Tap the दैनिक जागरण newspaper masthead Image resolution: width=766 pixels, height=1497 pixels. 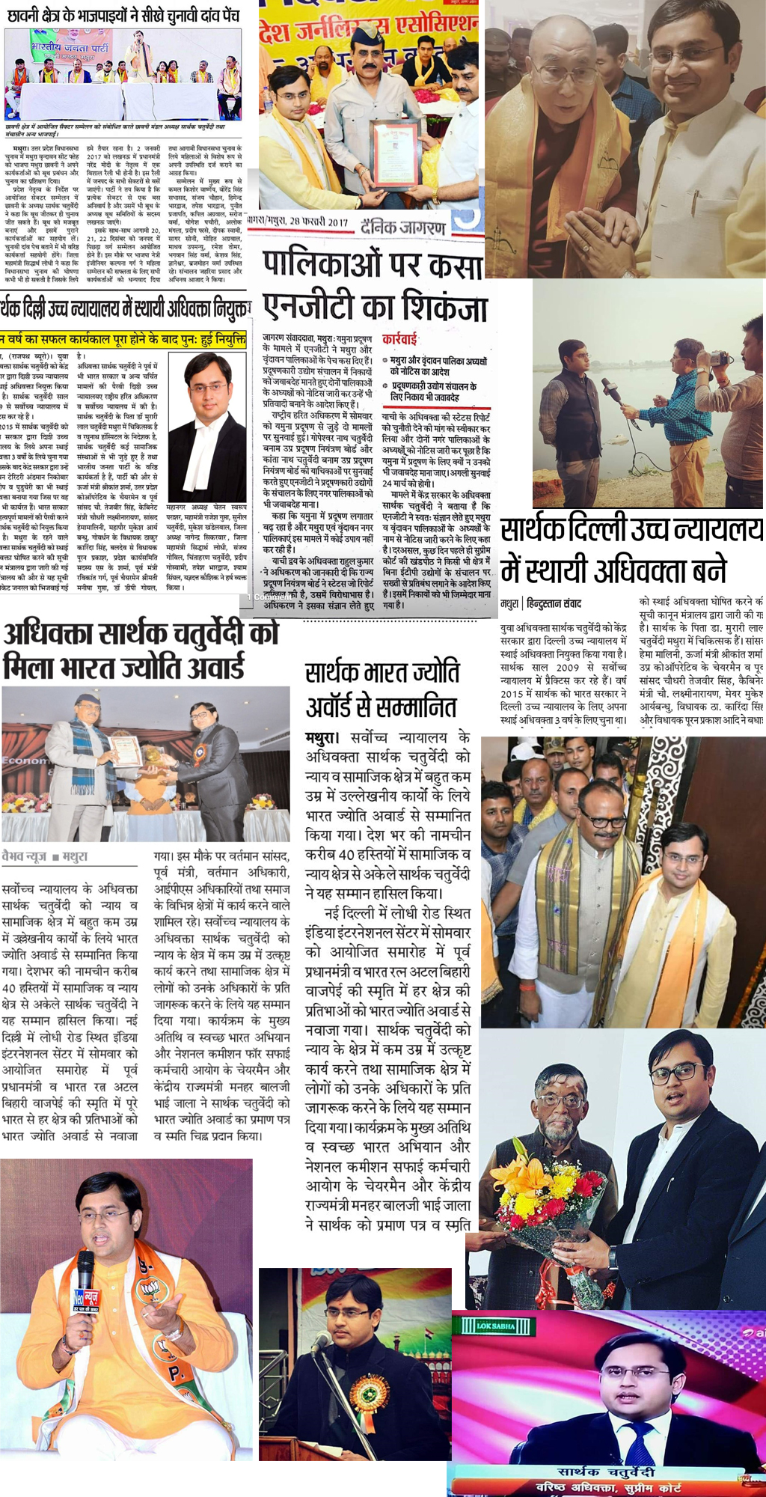coord(403,227)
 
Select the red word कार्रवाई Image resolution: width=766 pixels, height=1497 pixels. coord(399,340)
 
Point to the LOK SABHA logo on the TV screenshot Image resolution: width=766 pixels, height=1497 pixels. coord(495,1326)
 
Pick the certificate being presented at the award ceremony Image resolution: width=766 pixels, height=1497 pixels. coord(126,751)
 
